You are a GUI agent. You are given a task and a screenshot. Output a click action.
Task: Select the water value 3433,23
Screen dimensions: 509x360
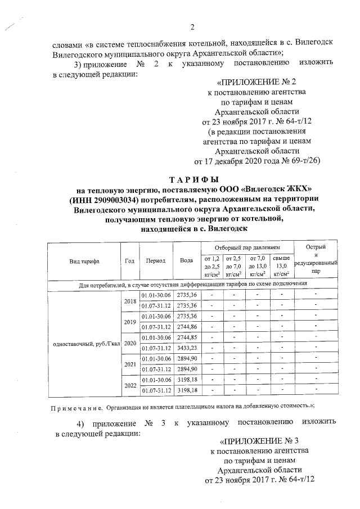187,348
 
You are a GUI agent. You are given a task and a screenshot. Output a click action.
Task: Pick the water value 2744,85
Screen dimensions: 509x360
187,337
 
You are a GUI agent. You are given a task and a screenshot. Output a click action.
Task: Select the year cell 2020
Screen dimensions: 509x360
129,343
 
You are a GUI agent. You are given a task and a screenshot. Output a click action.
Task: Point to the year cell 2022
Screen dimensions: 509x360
129,385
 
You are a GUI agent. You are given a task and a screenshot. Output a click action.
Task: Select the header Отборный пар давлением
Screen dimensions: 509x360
247,248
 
